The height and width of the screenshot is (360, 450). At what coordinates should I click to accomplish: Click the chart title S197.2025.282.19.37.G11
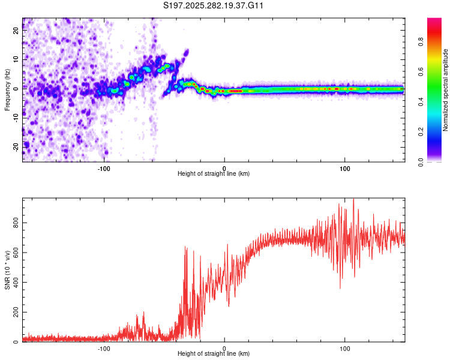[214, 5]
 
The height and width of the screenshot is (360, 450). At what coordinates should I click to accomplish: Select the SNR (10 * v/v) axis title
[7, 271]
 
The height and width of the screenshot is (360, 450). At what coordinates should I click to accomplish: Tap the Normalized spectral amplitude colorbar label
[445, 91]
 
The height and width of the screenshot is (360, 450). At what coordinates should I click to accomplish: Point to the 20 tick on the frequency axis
[16, 31]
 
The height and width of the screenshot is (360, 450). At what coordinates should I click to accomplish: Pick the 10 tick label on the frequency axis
[16, 59]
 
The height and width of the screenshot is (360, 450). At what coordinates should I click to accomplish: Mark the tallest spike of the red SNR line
[353, 200]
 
